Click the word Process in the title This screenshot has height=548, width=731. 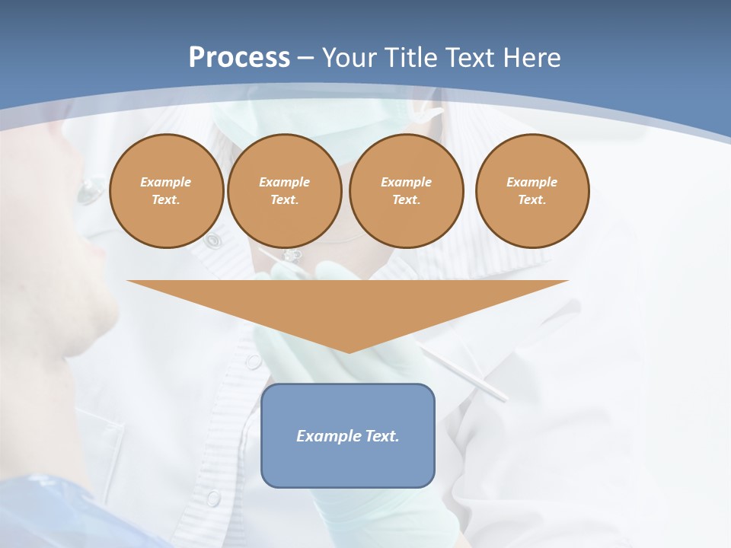click(x=239, y=57)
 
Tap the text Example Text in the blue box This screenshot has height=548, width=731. click(x=347, y=436)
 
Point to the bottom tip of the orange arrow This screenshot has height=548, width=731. click(x=348, y=352)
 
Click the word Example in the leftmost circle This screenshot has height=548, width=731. click(x=165, y=182)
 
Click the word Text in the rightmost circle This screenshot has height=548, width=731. click(x=531, y=199)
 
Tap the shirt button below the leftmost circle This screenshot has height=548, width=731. click(x=213, y=241)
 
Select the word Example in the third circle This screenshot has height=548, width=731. click(x=406, y=182)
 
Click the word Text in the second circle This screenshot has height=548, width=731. click(x=284, y=199)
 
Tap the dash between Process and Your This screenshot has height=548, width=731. click(x=305, y=58)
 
